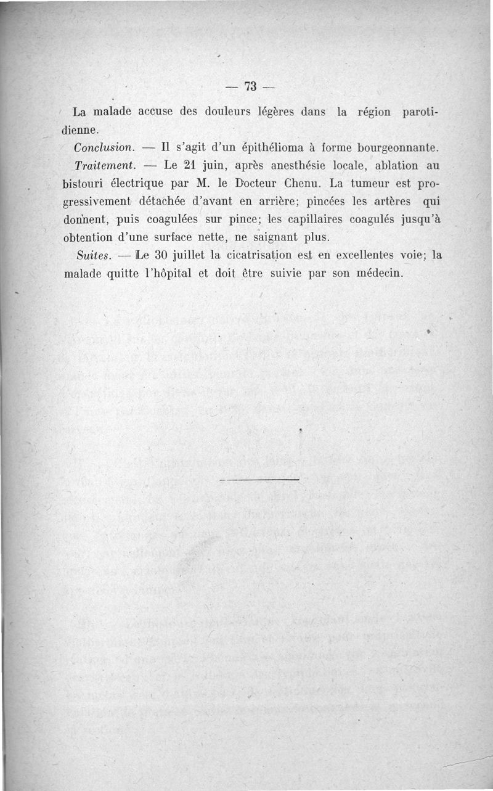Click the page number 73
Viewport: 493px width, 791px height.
pos(250,86)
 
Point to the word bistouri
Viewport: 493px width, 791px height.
pos(83,184)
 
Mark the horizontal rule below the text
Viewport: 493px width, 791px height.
pos(259,479)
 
